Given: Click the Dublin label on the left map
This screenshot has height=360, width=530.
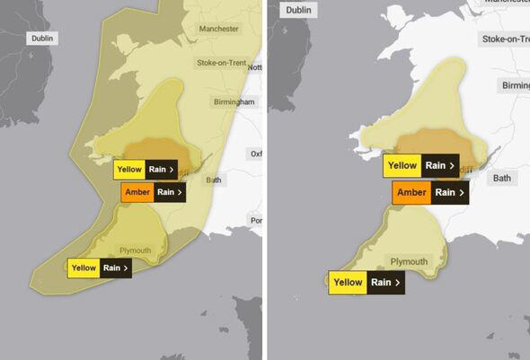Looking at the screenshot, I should pyautogui.click(x=41, y=39).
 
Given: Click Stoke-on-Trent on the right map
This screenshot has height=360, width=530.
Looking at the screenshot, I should pyautogui.click(x=505, y=39).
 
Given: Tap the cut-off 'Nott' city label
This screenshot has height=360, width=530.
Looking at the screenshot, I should pyautogui.click(x=255, y=67).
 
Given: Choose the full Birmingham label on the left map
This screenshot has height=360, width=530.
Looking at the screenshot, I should pyautogui.click(x=234, y=101).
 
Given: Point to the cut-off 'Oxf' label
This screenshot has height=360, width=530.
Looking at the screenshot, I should pyautogui.click(x=256, y=153).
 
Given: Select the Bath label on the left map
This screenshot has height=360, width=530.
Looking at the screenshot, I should pyautogui.click(x=213, y=180).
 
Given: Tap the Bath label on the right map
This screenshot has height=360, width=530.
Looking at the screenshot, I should pyautogui.click(x=501, y=179).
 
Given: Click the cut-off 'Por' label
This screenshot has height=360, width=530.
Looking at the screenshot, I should pyautogui.click(x=256, y=220).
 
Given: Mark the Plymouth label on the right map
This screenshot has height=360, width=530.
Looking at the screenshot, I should pyautogui.click(x=409, y=261).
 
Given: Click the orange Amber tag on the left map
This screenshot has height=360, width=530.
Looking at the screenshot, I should pyautogui.click(x=137, y=191).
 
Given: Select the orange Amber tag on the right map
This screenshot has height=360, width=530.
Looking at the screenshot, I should pyautogui.click(x=411, y=192).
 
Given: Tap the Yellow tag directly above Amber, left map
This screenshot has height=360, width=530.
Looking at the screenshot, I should pyautogui.click(x=128, y=168).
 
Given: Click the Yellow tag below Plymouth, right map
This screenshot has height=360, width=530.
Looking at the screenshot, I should pyautogui.click(x=349, y=282).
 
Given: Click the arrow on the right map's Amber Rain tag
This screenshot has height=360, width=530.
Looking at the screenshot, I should pyautogui.click(x=463, y=192).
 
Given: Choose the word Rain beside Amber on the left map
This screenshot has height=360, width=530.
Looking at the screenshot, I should pyautogui.click(x=165, y=191).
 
